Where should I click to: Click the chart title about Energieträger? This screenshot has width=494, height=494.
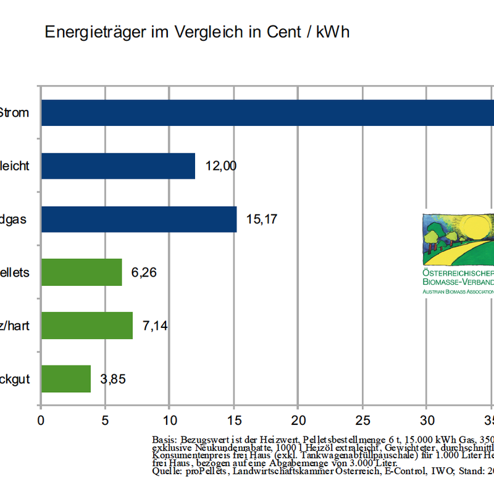point(197,32)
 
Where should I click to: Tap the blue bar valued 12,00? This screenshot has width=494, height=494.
point(118,166)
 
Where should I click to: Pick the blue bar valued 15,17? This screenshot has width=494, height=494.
point(139,219)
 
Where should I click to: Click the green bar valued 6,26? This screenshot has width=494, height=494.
point(82,272)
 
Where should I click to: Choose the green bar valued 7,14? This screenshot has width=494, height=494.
point(87,325)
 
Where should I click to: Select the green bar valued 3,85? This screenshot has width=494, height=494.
point(66,379)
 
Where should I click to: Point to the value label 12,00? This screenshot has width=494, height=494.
point(220,166)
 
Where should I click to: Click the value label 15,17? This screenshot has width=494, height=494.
point(261,219)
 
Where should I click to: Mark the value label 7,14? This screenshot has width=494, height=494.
point(155,325)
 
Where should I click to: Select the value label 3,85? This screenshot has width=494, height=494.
point(113,379)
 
